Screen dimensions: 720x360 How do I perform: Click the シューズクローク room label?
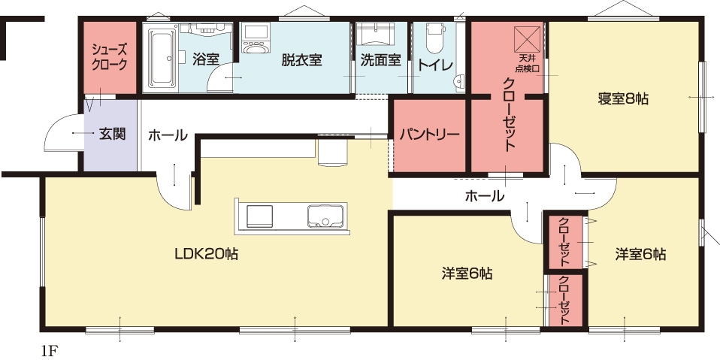109,56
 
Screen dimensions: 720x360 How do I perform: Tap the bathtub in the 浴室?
161,57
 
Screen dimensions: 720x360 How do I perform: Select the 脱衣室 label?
301,60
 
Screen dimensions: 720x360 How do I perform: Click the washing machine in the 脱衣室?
256,39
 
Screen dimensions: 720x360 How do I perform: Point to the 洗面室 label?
380,60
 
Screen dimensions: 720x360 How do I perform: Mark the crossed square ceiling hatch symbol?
527,40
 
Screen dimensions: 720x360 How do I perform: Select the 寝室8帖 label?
623,98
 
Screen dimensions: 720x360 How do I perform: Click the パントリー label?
429,135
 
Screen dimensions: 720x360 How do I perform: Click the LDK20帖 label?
206,253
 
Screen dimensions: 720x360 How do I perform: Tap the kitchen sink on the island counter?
325,216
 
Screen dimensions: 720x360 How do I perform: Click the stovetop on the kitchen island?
259,216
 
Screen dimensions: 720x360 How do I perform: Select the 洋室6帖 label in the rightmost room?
640,254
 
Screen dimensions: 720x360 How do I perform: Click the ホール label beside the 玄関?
168,135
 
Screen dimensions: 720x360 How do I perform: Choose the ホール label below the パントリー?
485,196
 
